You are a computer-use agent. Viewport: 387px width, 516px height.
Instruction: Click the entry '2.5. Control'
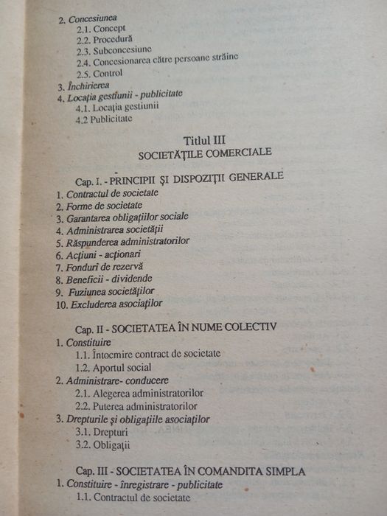pos(99,73)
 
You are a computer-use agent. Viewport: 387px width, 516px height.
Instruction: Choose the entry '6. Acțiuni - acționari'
pos(99,253)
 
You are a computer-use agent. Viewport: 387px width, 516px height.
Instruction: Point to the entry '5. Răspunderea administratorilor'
pos(123,241)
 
